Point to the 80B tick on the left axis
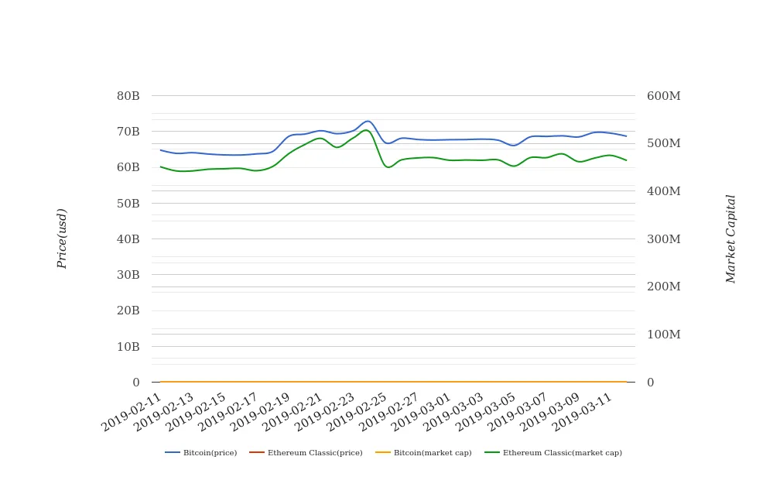pyautogui.click(x=128, y=96)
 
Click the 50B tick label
pyautogui.click(x=128, y=204)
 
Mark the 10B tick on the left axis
pyautogui.click(x=128, y=347)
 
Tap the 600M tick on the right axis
pyautogui.click(x=664, y=96)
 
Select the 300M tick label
pyautogui.click(x=664, y=239)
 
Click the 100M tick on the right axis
pyautogui.click(x=664, y=335)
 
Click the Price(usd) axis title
pyautogui.click(x=62, y=238)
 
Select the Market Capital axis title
pyautogui.click(x=730, y=238)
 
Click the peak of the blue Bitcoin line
pyautogui.click(x=368, y=122)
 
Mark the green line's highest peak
pyautogui.click(x=366, y=130)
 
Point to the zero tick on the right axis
pyautogui.click(x=651, y=383)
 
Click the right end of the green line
pyautogui.click(x=626, y=160)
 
